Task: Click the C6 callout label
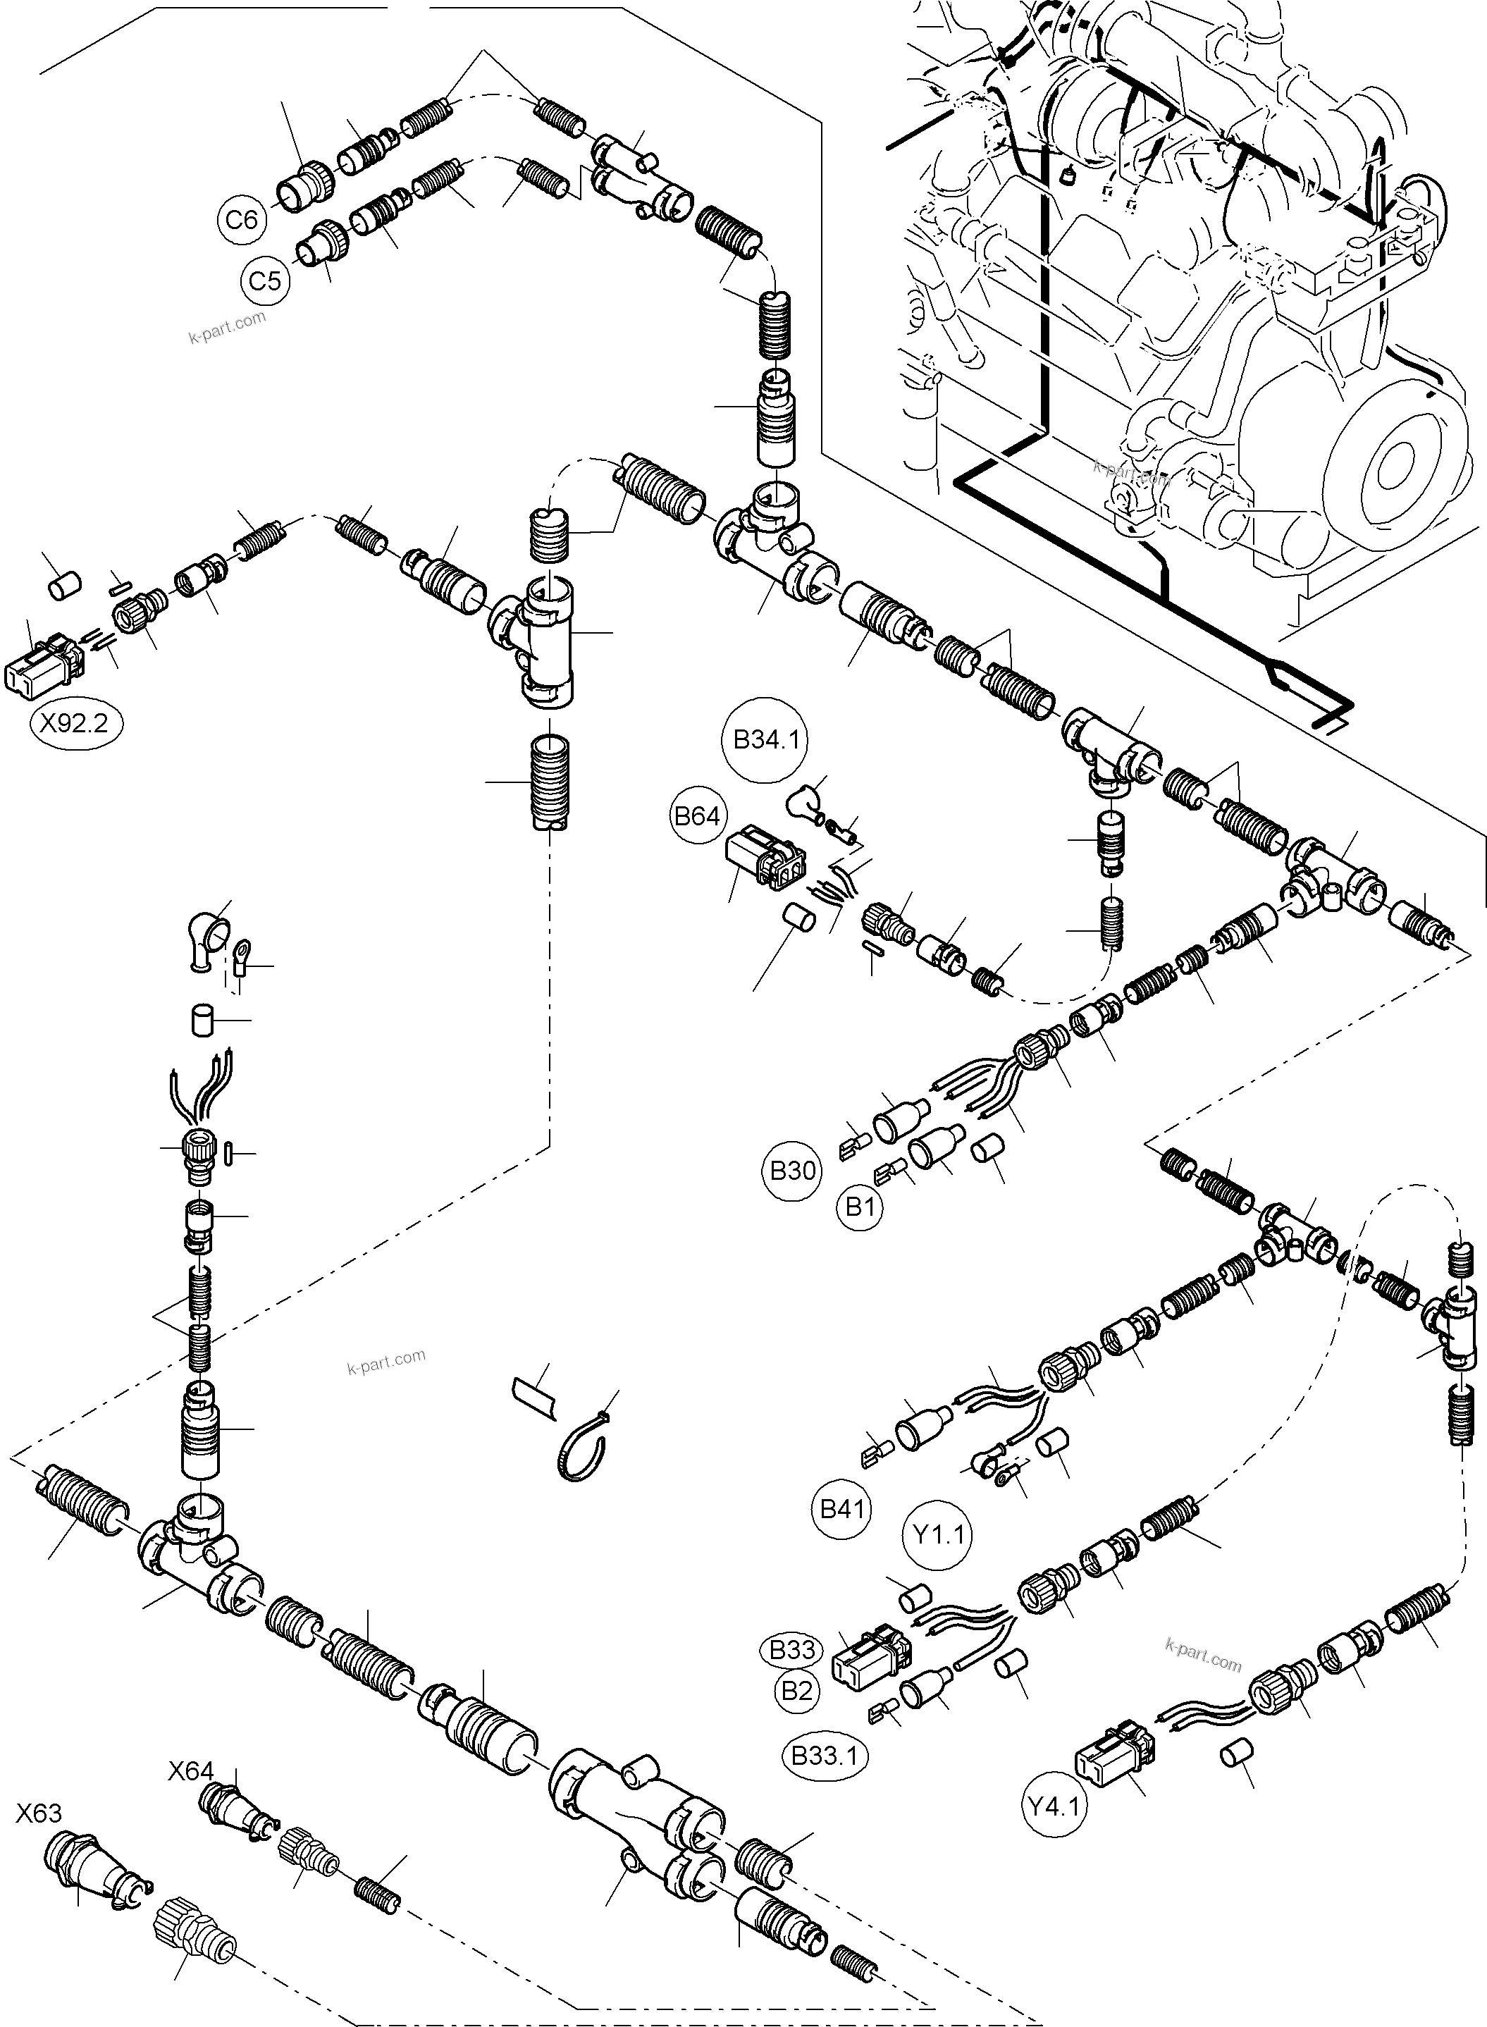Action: pos(241,218)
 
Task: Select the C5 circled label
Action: pos(265,281)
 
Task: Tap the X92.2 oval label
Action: pos(75,723)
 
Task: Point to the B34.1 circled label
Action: pos(766,740)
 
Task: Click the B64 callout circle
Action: pos(698,815)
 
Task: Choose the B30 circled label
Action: pos(792,1170)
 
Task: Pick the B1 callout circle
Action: pos(860,1207)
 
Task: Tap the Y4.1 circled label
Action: pos(1055,1805)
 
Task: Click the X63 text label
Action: pos(39,1813)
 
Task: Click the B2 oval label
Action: pos(796,1690)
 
